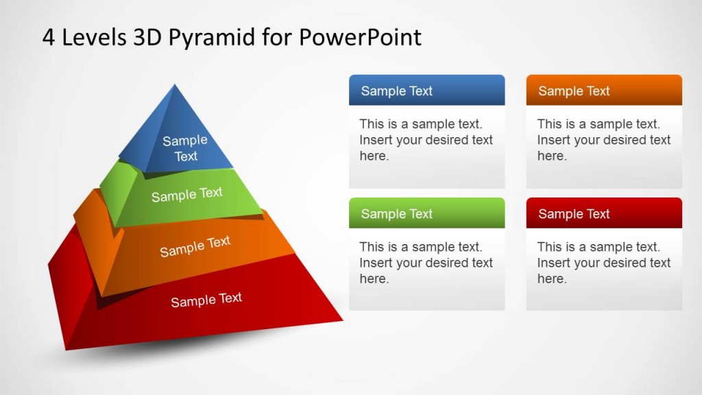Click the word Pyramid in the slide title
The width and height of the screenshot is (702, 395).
(211, 38)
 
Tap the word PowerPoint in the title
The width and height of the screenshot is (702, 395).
(360, 38)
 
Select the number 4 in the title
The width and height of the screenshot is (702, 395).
(49, 38)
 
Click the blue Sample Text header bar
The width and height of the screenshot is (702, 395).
(426, 91)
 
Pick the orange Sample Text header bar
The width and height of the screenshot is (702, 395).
(604, 91)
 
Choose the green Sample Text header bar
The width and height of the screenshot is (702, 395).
(426, 213)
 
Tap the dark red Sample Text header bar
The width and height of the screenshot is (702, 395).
(604, 213)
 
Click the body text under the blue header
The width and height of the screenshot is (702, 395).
(426, 140)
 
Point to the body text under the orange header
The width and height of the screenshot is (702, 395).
(603, 140)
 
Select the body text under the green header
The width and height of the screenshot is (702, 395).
(426, 263)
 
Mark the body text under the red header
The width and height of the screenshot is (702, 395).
(603, 263)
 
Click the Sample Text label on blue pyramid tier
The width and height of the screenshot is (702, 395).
(185, 148)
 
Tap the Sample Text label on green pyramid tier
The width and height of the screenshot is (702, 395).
(186, 195)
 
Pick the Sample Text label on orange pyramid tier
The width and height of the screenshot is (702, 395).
(195, 246)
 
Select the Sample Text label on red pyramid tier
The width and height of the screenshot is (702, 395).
(206, 300)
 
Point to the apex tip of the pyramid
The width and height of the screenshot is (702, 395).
(175, 86)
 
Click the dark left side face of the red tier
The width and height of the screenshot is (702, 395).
(69, 288)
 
